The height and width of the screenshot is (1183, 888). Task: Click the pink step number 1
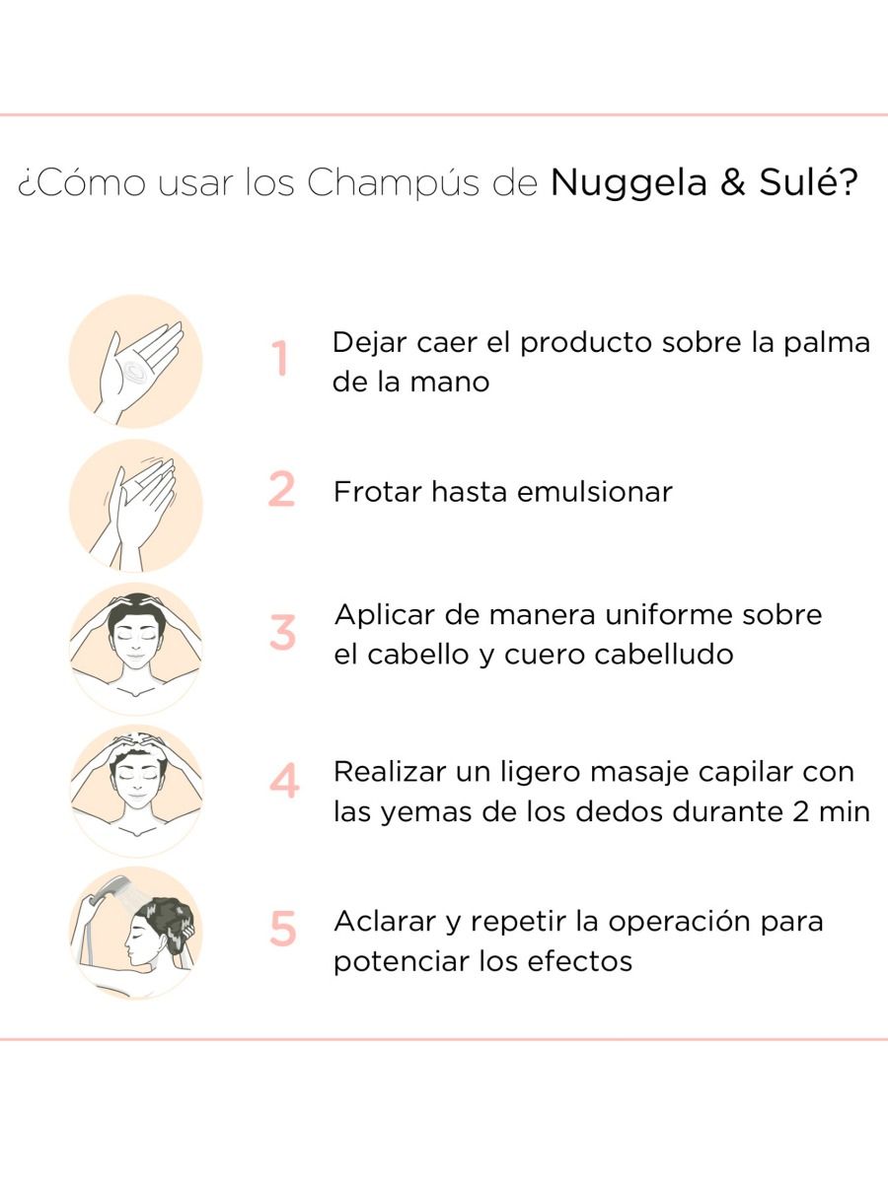[280, 358]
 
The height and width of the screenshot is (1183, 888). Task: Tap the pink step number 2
[281, 489]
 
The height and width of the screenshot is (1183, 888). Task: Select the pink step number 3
[282, 632]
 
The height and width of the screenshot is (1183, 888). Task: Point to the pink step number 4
[283, 780]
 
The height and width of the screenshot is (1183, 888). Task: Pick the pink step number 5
[283, 928]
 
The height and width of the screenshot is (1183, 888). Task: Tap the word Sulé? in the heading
[808, 182]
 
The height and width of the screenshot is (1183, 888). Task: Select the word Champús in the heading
[393, 182]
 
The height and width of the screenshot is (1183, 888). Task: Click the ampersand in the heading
[733, 182]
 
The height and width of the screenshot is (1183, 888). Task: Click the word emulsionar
[595, 492]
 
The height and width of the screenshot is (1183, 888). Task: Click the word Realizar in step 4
[390, 772]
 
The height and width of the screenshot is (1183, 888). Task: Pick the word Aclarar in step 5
[385, 921]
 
